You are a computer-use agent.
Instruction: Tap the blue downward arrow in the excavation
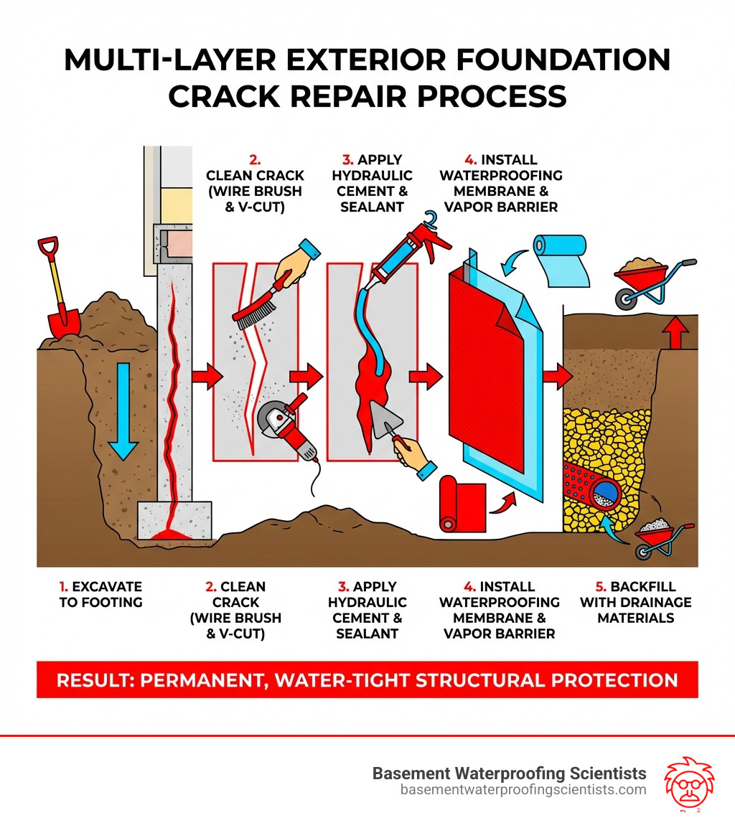pyautogui.click(x=123, y=409)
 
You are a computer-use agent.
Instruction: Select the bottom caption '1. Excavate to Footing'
pyautogui.click(x=100, y=594)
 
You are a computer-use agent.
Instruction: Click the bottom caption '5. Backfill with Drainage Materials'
pyautogui.click(x=636, y=602)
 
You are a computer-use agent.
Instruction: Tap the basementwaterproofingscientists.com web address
pyautogui.click(x=523, y=790)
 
